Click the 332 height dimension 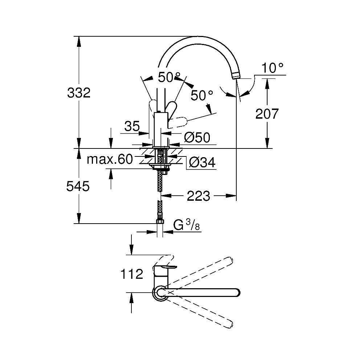tap(78, 93)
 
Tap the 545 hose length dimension tap(78, 187)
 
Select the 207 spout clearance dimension tap(267, 114)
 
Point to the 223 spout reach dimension tap(198, 196)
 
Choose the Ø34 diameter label tap(202, 163)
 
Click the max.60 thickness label tap(110, 159)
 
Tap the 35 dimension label tap(132, 126)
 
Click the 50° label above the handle tap(169, 77)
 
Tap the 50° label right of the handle tap(202, 95)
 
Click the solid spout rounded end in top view tap(236, 292)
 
